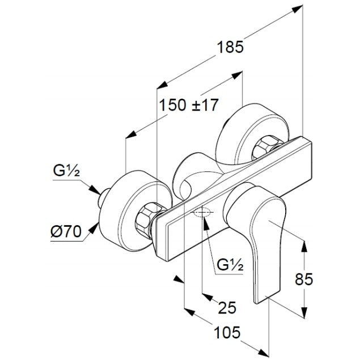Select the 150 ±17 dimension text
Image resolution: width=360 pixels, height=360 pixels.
click(189, 105)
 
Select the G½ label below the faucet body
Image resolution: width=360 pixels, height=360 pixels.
click(232, 264)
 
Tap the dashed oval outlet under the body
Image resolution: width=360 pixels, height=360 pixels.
click(202, 213)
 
